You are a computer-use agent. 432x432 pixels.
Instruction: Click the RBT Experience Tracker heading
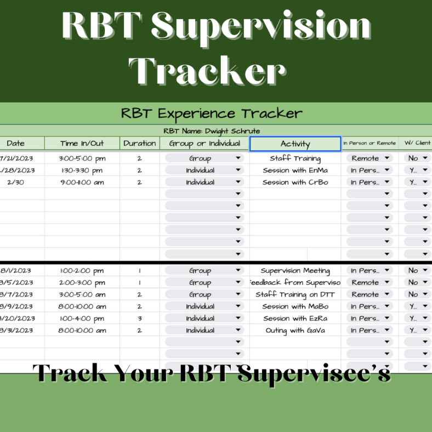click(212, 113)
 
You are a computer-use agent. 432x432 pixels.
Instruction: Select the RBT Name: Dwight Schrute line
click(212, 131)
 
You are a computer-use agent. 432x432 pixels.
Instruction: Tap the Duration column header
click(139, 144)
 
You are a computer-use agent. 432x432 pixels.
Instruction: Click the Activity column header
click(295, 144)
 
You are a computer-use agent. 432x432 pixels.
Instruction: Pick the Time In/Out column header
click(82, 144)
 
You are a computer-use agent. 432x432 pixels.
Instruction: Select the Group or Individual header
click(204, 144)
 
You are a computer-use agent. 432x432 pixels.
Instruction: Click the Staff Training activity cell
click(295, 158)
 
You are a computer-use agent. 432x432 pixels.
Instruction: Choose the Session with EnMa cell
click(295, 170)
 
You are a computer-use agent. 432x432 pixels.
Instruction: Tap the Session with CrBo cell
click(295, 183)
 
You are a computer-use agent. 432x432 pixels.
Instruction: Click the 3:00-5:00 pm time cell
click(82, 158)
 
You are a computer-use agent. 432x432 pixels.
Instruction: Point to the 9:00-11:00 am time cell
click(82, 183)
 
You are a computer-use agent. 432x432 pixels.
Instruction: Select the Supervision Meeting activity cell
click(295, 271)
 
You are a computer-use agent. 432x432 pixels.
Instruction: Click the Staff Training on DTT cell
click(295, 295)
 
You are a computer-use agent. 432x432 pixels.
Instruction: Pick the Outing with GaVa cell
click(295, 331)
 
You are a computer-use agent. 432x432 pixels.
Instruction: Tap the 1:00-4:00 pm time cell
click(82, 319)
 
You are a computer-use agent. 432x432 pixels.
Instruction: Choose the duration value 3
click(139, 319)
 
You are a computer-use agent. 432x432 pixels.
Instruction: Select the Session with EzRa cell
click(295, 319)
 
